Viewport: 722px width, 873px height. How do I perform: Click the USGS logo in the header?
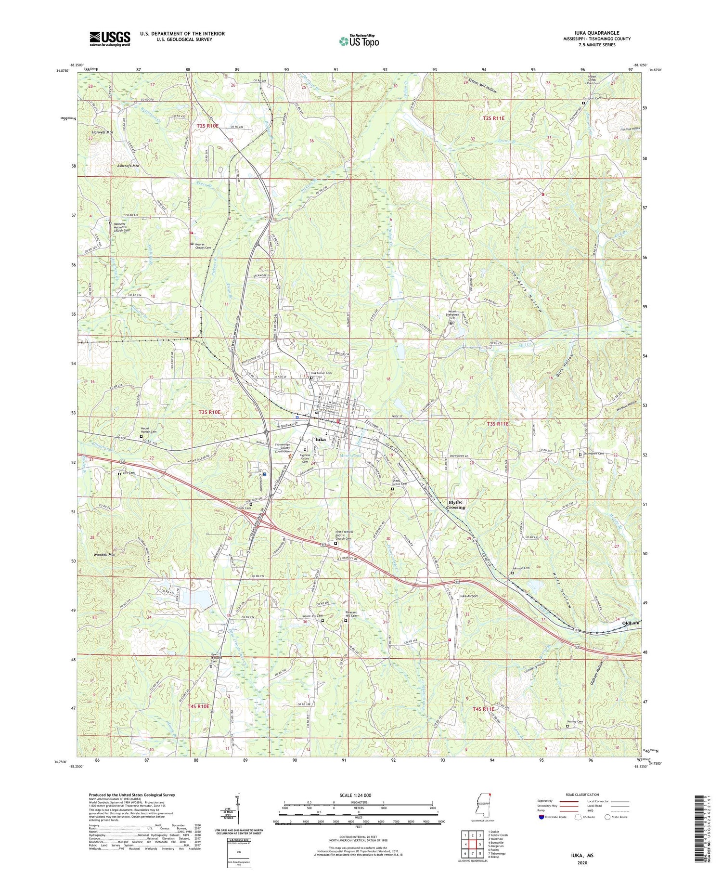click(x=110, y=39)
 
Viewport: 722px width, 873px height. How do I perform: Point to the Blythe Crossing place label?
click(x=455, y=504)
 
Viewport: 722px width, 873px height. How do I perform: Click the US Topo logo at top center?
click(x=359, y=40)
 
